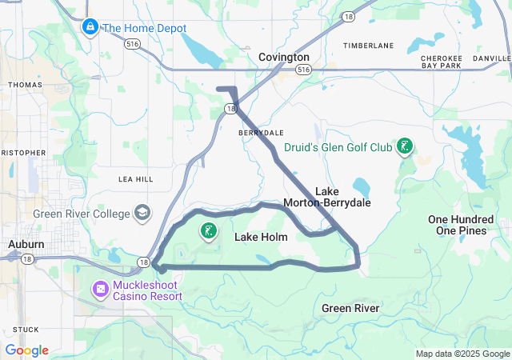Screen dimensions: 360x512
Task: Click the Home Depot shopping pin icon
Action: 90,29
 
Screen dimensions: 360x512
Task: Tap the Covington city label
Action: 283,58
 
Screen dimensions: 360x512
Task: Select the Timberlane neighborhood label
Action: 369,46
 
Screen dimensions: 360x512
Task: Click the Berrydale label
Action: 256,133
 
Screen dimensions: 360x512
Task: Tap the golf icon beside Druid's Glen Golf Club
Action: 406,146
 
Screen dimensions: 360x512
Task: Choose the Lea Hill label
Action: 134,179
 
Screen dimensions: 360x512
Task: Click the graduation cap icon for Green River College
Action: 142,213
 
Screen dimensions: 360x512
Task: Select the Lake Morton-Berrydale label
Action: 327,197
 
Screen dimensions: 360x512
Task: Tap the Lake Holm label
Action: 260,238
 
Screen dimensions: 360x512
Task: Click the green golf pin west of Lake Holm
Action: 209,231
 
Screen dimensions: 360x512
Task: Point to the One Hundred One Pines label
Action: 462,225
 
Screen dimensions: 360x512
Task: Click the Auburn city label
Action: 26,243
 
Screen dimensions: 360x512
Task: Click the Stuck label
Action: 26,329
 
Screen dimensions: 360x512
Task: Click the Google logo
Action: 26,350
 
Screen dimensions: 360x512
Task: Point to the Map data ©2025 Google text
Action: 462,354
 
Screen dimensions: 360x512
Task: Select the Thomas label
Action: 25,84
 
